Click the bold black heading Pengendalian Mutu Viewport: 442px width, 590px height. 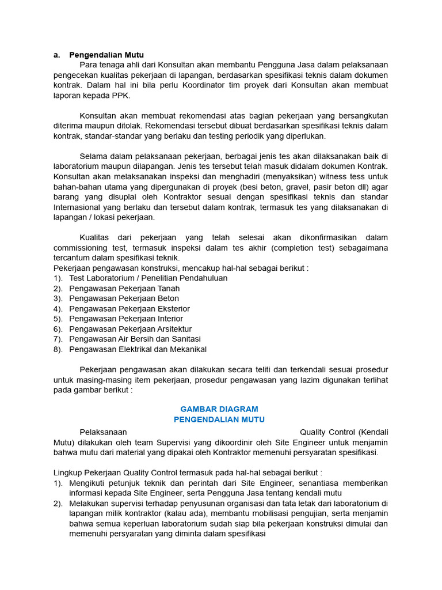(106, 55)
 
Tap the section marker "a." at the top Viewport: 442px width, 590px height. (57, 55)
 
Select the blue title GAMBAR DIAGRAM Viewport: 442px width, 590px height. (219, 409)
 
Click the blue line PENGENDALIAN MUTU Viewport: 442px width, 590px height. (219, 419)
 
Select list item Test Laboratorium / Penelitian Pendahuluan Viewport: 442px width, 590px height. (148, 278)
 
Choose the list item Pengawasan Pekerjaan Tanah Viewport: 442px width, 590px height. (124, 288)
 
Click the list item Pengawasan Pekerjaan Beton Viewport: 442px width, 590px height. (124, 298)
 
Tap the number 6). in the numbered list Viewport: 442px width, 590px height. (58, 329)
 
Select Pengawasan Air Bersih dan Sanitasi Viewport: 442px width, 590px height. (135, 339)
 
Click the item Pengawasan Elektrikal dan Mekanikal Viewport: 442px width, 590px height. (138, 349)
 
